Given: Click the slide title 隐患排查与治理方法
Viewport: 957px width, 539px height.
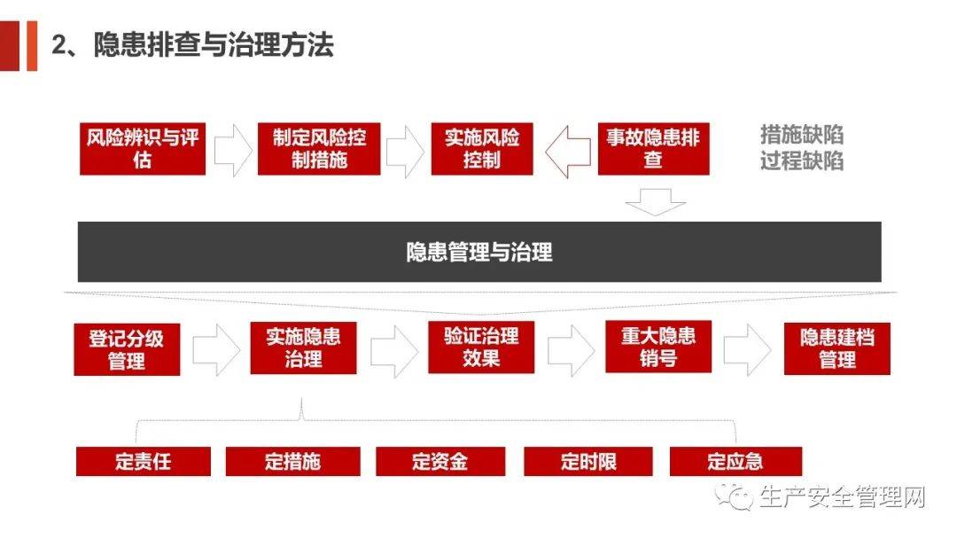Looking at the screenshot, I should pos(193,44).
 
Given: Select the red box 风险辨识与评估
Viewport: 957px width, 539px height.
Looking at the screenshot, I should pos(143,149).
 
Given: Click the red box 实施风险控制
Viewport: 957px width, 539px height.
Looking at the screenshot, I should pos(482,149).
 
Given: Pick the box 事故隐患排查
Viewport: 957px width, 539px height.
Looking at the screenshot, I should pos(653,149).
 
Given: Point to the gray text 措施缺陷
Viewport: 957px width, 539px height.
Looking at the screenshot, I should pos(801,135).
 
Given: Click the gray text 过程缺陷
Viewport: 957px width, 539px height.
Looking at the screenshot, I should pos(801,161).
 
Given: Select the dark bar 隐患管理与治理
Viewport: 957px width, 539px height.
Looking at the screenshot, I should pos(479,252).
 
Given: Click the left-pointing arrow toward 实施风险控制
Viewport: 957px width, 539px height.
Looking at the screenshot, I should pos(567,152).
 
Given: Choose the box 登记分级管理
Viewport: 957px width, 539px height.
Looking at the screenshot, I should pos(127,349).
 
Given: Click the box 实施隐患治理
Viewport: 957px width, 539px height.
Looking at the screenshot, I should pos(303,348).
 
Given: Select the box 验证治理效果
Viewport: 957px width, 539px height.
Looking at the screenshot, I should pos(481,348).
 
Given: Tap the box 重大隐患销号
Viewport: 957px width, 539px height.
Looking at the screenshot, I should pos(657,347).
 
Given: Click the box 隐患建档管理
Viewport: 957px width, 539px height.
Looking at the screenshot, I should pos(837,348).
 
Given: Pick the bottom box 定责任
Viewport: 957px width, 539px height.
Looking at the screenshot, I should pos(143,462).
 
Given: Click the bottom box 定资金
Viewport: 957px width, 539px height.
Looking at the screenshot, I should pos(440,462).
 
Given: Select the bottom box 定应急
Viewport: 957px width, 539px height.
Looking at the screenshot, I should pos(735,462).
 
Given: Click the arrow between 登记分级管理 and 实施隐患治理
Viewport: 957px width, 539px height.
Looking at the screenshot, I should pos(215,350).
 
